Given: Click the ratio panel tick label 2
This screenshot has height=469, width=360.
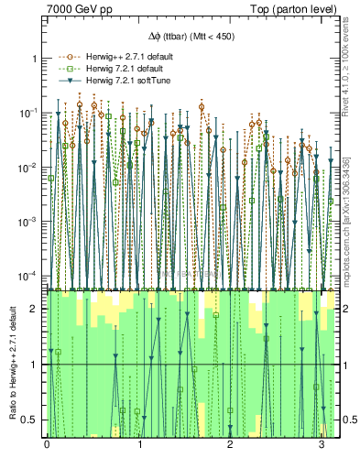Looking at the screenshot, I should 35,309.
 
